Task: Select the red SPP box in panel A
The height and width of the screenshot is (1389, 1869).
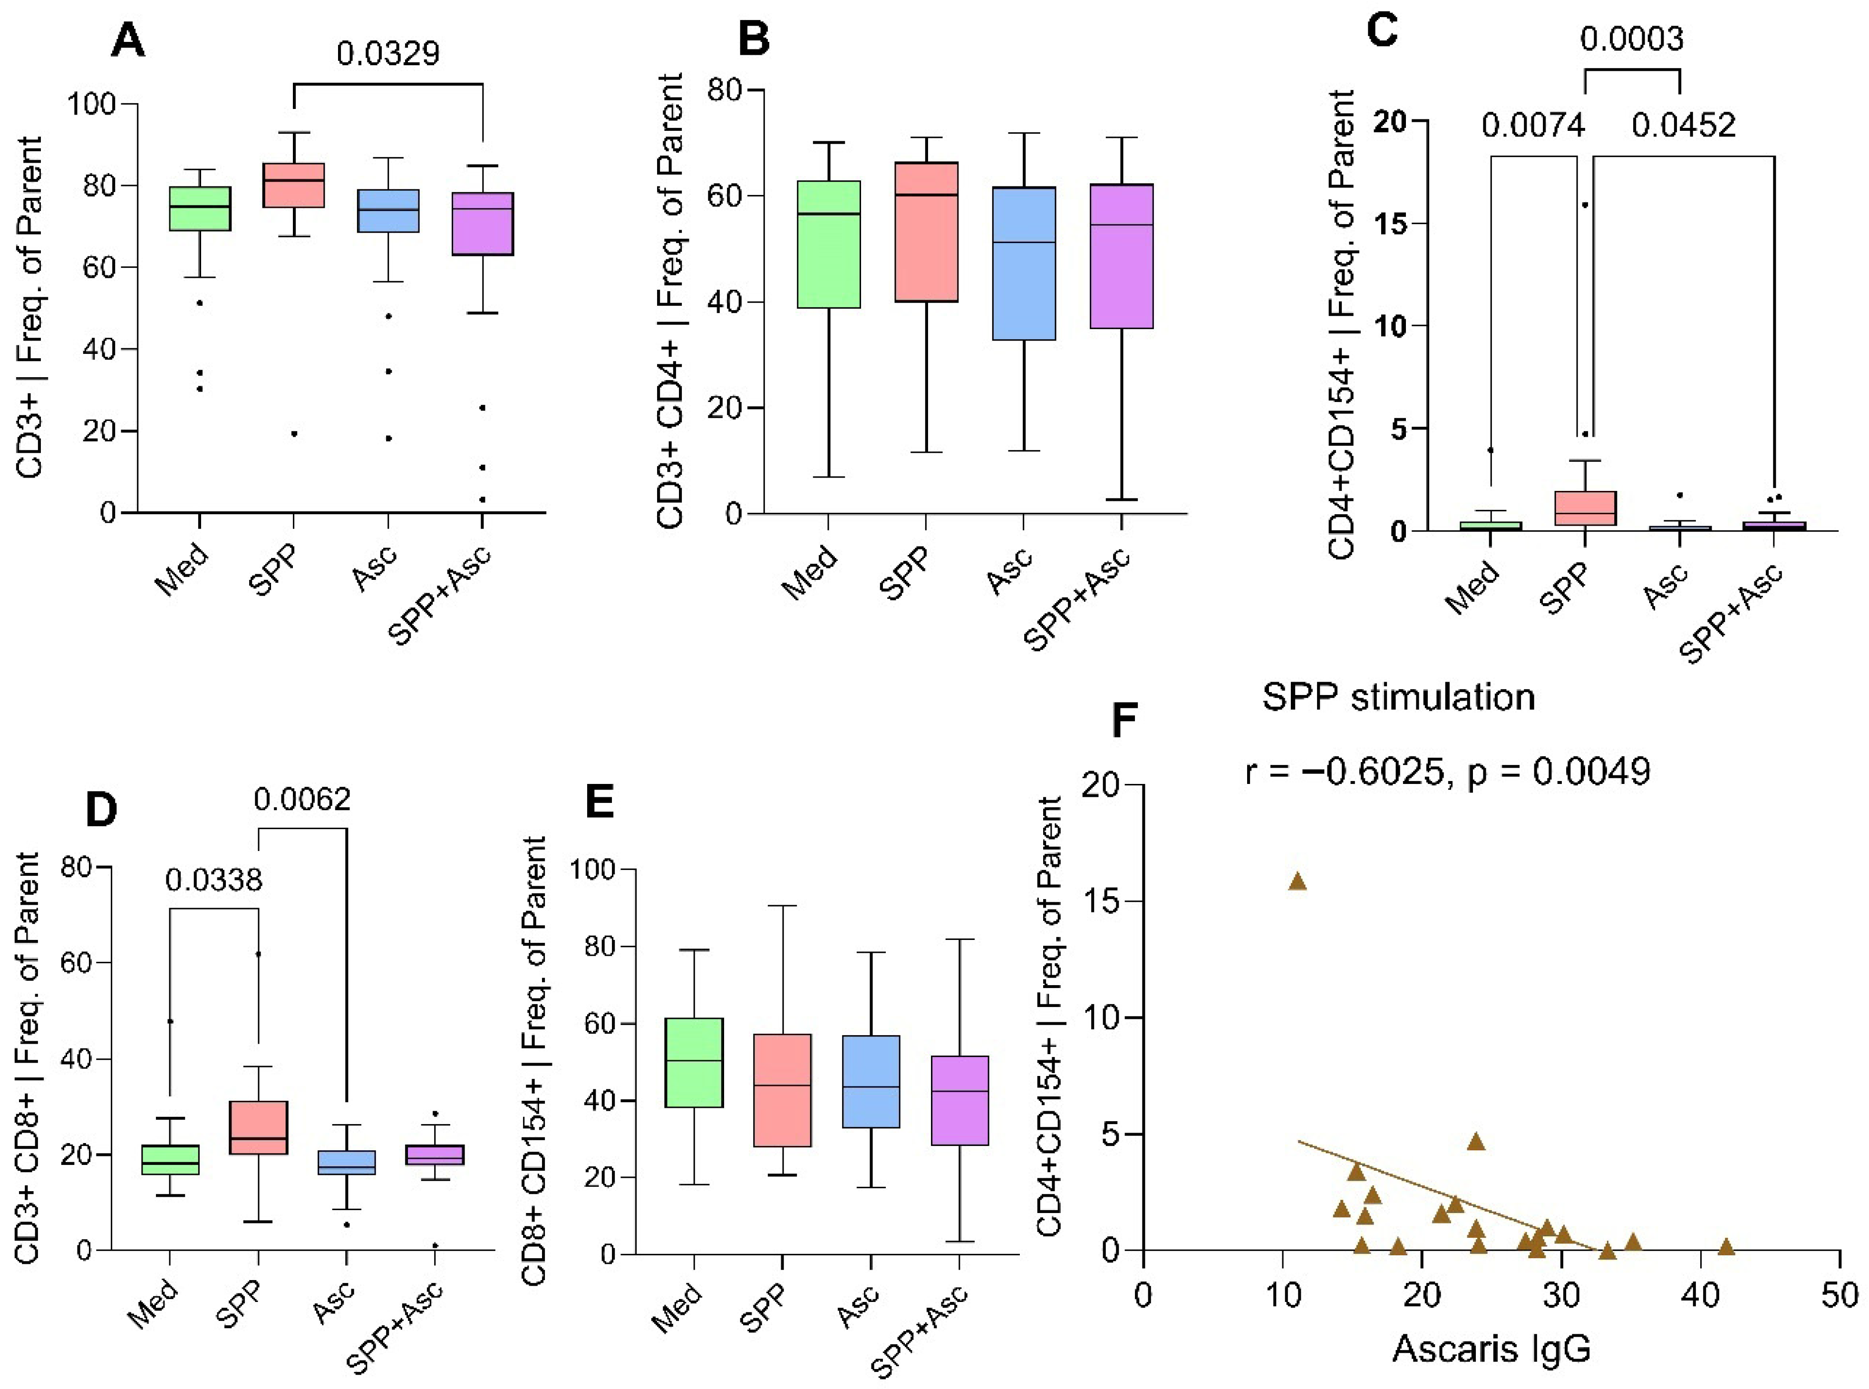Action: [x=294, y=185]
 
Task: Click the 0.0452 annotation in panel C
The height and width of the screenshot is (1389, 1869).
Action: [x=1683, y=125]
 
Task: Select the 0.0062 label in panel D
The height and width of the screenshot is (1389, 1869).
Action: [x=302, y=799]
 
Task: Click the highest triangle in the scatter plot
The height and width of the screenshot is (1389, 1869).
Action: [x=1298, y=881]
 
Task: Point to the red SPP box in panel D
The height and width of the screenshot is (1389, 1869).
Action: [x=258, y=1127]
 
